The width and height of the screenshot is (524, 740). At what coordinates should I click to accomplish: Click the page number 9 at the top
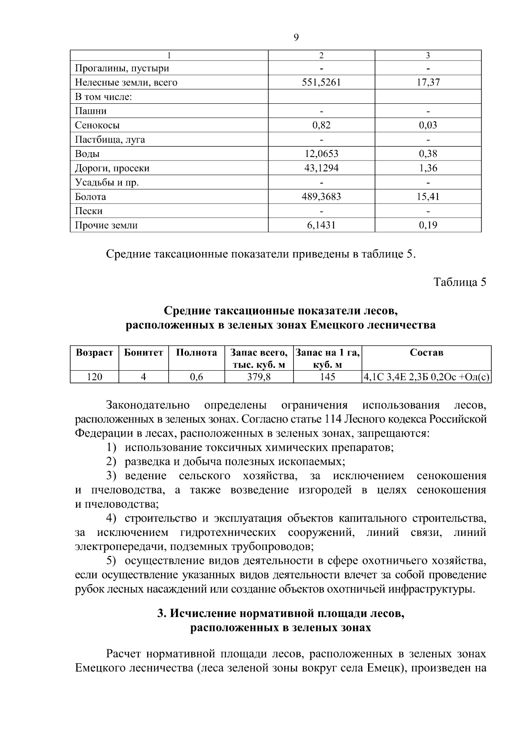click(296, 38)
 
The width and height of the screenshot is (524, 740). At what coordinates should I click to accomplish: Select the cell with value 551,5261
click(321, 82)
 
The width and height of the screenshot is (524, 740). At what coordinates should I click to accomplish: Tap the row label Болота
click(90, 197)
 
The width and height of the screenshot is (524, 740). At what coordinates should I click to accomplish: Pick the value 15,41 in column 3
click(427, 197)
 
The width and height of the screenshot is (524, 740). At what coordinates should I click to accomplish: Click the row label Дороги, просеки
click(112, 168)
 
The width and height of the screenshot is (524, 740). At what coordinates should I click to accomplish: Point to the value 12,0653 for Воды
click(321, 154)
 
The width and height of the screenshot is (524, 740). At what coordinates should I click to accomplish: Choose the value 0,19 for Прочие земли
click(427, 225)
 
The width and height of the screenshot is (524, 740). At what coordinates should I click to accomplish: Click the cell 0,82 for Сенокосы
click(321, 126)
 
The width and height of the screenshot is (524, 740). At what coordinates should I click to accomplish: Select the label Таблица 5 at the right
click(459, 282)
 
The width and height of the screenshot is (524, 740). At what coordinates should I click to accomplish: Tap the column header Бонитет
click(144, 353)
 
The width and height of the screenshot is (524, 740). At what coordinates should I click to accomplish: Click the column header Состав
click(426, 353)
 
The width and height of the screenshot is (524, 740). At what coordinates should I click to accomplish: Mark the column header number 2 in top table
click(321, 55)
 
